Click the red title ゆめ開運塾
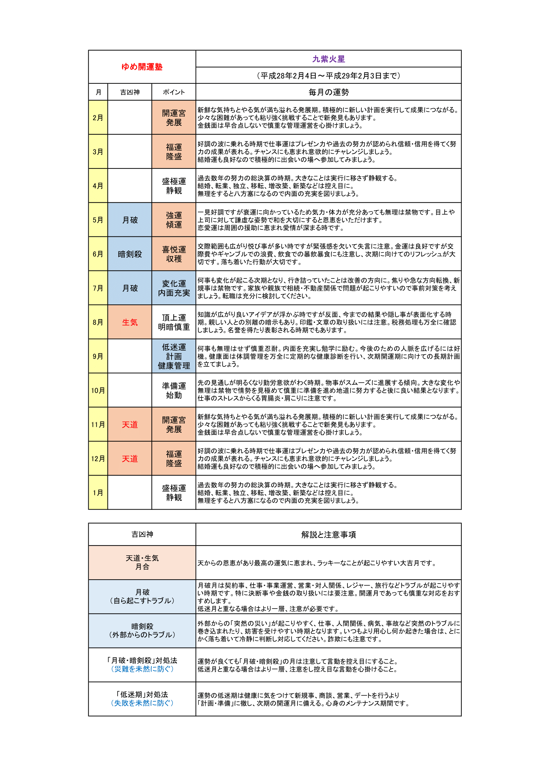coord(142,67)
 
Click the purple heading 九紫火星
coord(328,59)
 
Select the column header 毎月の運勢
coord(328,92)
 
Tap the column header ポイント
coord(174,92)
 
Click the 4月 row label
coord(98,186)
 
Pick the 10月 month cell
coord(98,391)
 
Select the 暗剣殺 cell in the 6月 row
coord(130,254)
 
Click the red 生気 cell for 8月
coord(130,322)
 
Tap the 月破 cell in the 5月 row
coord(130,220)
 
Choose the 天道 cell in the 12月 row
coord(130,459)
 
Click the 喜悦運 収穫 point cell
coord(174,254)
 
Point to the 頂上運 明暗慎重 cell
coord(174,322)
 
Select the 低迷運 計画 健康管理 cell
coord(174,356)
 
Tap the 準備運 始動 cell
coord(174,391)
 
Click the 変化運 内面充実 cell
coord(174,288)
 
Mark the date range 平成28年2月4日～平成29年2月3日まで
coord(328,75)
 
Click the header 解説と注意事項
coord(328,535)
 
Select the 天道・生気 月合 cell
coord(142,562)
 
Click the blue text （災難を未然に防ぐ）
coord(142,669)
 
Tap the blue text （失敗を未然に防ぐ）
coord(142,703)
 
